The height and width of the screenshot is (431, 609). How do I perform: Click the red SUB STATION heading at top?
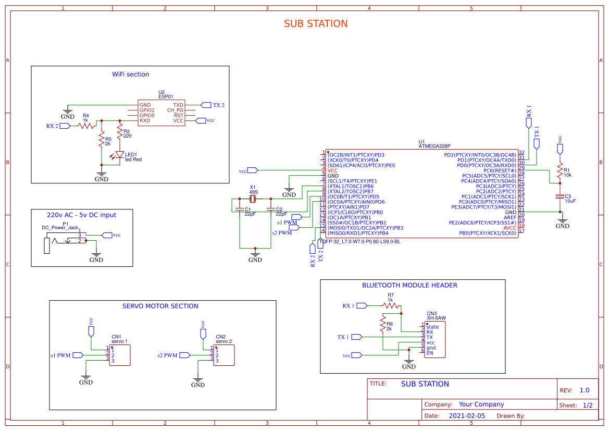click(x=315, y=24)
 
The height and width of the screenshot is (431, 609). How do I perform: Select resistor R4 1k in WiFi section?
click(x=86, y=126)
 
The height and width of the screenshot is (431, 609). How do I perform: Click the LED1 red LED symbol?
click(x=120, y=155)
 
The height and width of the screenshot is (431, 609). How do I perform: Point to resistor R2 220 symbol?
click(x=120, y=133)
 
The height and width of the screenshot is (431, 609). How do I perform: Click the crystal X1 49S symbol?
click(x=253, y=199)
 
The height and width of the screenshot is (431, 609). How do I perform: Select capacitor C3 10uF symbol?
click(x=560, y=196)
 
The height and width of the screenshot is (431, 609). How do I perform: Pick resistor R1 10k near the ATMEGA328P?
click(x=560, y=171)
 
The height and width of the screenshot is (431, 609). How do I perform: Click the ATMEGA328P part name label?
click(x=434, y=147)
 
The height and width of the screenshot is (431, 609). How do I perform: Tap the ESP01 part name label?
click(x=165, y=97)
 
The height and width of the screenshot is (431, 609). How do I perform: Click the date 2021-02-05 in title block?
click(x=466, y=416)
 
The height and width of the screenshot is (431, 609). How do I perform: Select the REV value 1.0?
click(x=585, y=390)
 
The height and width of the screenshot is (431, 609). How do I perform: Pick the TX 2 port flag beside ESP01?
click(x=205, y=105)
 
